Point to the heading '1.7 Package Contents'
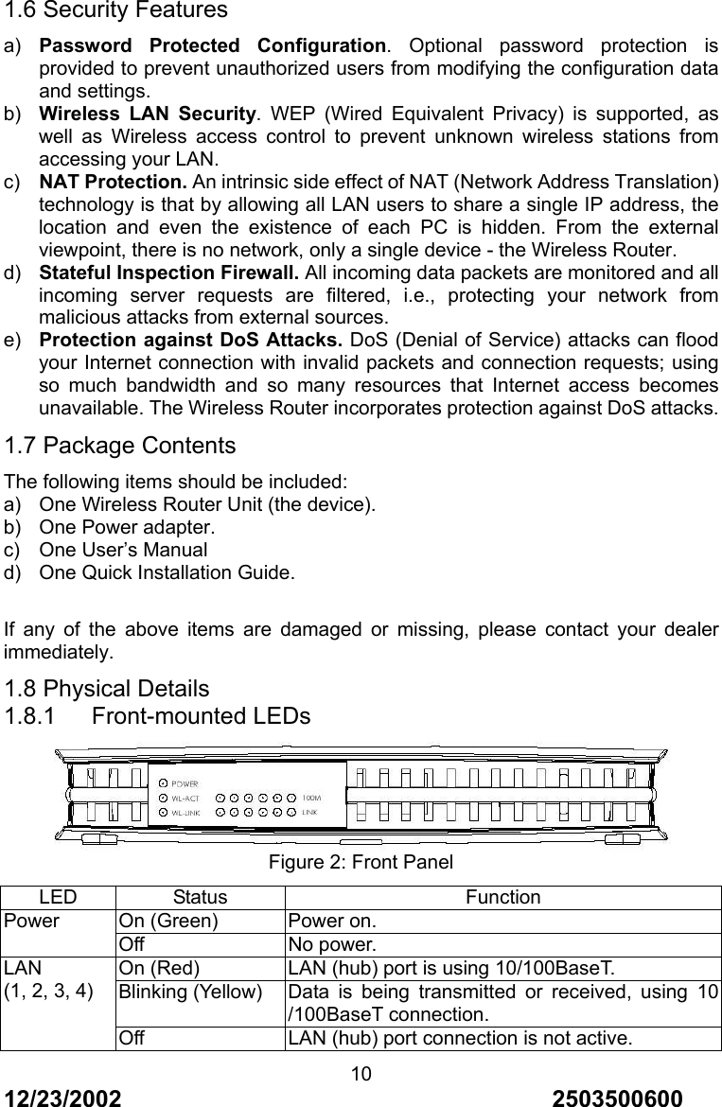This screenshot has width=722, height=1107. pyautogui.click(x=120, y=446)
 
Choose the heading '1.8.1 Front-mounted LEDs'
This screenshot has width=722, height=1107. pyautogui.click(x=157, y=716)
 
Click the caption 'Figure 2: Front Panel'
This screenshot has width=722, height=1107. pyautogui.click(x=361, y=863)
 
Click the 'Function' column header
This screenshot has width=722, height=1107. pyautogui.click(x=502, y=897)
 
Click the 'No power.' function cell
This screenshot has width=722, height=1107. pyautogui.click(x=331, y=943)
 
